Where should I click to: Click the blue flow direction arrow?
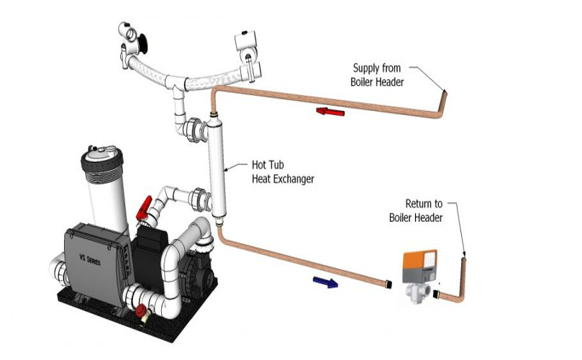[325, 282]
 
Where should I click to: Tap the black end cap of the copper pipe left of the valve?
[389, 287]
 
